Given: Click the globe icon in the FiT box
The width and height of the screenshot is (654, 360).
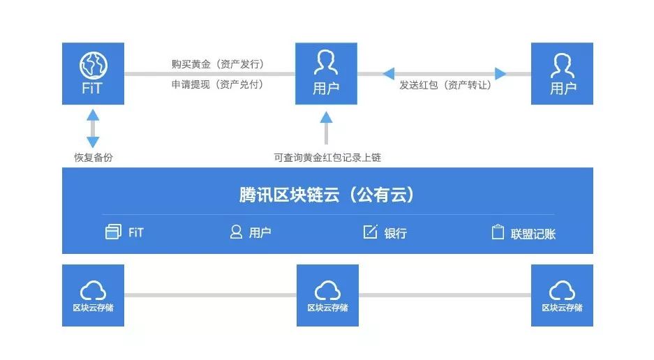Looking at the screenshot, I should click(93, 65).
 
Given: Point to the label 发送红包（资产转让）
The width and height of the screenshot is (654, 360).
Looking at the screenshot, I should click(445, 84).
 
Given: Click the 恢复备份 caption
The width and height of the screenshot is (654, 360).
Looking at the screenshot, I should click(94, 157).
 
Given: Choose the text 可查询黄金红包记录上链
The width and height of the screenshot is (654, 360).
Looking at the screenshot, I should click(327, 158).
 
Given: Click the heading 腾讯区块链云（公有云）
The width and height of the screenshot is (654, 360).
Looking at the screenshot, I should click(327, 195).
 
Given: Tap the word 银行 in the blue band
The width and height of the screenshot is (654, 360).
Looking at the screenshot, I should click(395, 233).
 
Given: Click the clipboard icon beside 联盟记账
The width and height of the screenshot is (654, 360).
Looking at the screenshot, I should click(498, 232).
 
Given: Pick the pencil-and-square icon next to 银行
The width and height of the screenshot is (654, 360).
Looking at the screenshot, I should click(371, 232).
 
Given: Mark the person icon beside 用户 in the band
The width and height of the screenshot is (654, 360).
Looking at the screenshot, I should click(236, 232).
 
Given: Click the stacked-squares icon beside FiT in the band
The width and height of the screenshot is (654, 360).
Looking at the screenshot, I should click(113, 232).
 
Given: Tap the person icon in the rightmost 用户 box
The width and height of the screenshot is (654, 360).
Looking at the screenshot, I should click(562, 65).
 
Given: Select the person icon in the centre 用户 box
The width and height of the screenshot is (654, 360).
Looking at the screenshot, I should click(326, 63).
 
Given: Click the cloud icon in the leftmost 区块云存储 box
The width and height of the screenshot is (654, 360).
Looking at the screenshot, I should click(93, 289).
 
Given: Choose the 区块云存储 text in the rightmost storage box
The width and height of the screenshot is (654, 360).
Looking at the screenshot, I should click(562, 308).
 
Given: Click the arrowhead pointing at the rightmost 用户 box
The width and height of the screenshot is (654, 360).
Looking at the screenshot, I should click(500, 73).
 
